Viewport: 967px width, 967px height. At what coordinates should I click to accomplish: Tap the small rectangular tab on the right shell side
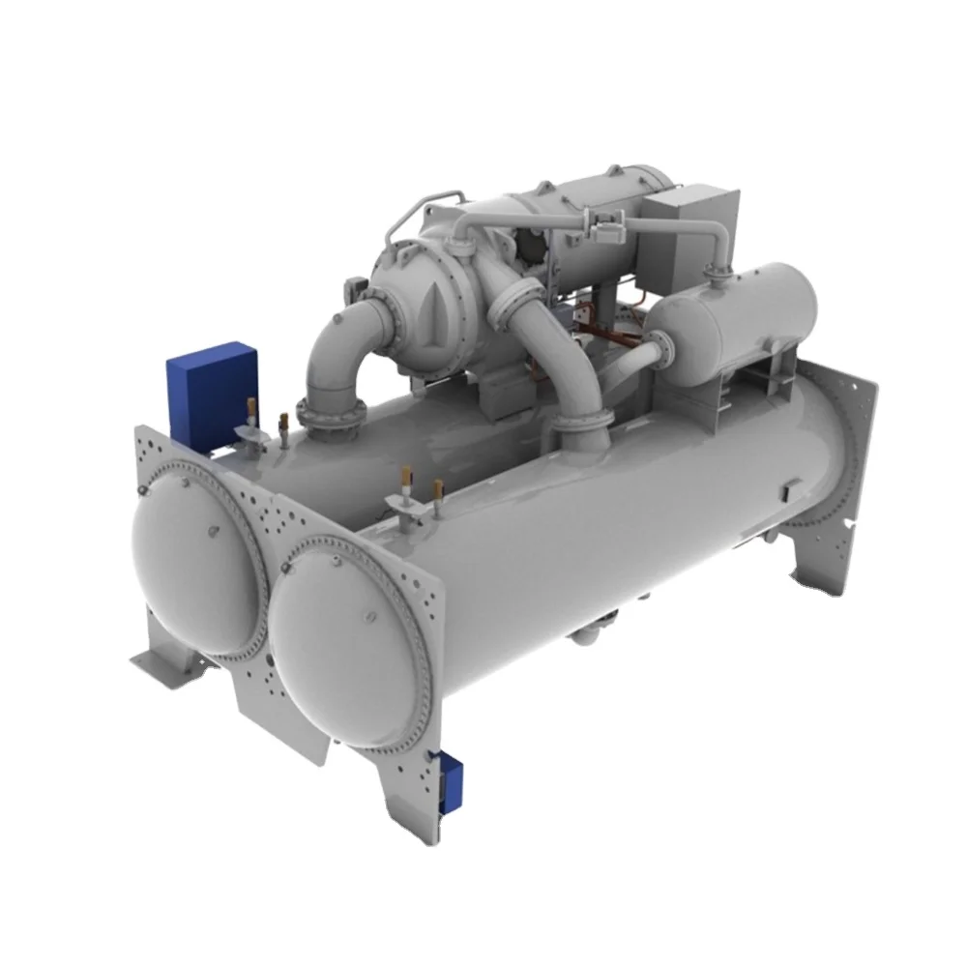(x=790, y=487)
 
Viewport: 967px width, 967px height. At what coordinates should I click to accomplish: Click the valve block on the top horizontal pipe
(x=603, y=233)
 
